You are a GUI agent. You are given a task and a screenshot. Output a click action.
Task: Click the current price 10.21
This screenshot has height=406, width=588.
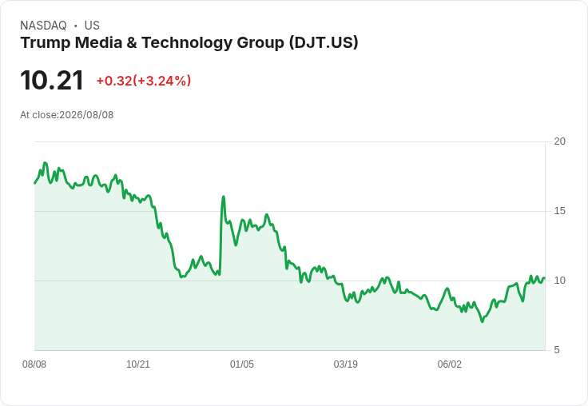coord(52,81)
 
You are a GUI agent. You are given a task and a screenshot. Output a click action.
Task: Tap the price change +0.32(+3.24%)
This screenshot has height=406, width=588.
coord(144,81)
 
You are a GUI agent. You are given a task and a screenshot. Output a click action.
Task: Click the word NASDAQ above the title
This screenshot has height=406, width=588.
coord(43,26)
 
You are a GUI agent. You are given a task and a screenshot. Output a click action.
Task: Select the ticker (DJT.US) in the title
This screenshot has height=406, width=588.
coord(324,42)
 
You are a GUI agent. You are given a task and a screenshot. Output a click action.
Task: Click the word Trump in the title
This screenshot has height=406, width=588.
coord(46,42)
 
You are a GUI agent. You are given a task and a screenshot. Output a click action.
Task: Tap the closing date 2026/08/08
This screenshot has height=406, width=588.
coord(86,115)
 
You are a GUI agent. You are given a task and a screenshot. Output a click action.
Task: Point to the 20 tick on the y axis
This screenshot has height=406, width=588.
coord(560,141)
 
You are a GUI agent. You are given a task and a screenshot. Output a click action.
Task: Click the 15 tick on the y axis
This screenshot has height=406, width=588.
coord(560,211)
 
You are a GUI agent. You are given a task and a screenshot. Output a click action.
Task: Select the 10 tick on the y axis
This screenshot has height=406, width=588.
coord(560,281)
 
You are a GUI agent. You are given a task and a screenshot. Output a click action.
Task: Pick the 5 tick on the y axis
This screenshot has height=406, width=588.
coord(557,350)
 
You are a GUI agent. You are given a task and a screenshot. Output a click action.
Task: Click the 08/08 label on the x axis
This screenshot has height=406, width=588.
coord(34,364)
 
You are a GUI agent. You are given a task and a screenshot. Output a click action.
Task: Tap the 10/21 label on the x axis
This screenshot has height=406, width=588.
coord(138,364)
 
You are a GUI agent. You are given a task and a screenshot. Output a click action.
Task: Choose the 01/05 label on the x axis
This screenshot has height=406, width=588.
coord(242,364)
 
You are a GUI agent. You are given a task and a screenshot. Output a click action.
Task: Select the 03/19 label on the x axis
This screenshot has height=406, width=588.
coord(346,364)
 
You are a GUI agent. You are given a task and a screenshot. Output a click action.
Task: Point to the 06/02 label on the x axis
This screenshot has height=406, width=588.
coord(450,364)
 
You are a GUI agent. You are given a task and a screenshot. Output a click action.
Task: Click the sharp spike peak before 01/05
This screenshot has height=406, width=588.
coord(224,197)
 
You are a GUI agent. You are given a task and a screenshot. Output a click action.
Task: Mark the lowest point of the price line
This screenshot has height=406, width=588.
coord(483,321)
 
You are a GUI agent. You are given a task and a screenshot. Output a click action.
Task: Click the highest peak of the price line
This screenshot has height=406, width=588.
coord(45,163)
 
